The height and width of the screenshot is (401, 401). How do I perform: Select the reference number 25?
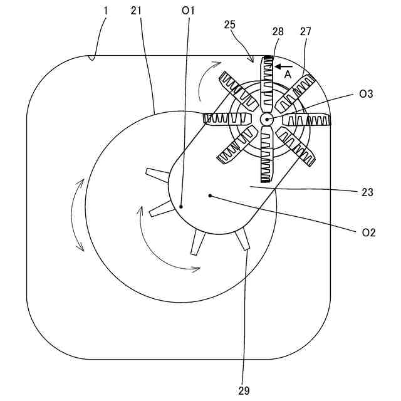coord(230,24)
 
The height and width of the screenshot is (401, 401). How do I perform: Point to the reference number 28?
coord(278,31)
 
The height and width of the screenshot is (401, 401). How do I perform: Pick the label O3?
coord(367,94)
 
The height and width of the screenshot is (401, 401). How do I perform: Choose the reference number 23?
coord(367,192)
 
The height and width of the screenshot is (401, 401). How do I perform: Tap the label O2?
coord(368,232)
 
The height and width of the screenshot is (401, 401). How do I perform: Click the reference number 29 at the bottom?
coord(244,390)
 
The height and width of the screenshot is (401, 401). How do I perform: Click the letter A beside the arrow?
coord(288,74)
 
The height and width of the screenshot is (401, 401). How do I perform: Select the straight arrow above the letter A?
coord(284,65)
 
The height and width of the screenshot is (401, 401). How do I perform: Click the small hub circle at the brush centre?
coord(266,119)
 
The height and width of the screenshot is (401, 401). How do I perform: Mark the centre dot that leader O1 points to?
coord(180,205)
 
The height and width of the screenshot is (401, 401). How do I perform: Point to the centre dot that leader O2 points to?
coord(210,195)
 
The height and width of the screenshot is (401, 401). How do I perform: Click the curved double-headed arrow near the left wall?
coord(78,215)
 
